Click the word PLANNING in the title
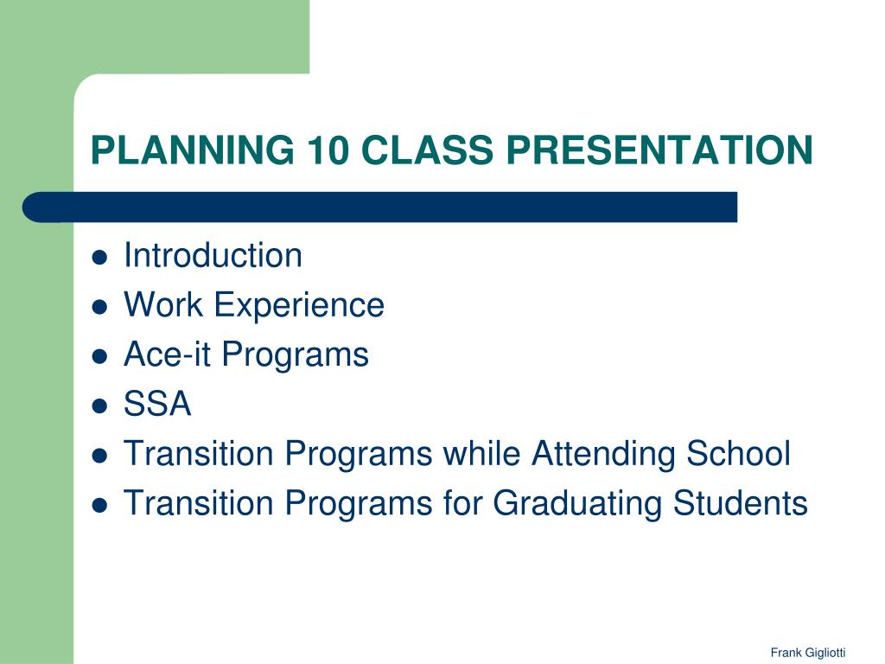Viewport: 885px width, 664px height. (x=193, y=150)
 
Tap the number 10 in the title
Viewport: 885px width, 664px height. (x=328, y=150)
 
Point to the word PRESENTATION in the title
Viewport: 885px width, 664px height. (x=659, y=150)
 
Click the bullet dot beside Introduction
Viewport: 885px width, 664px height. (x=99, y=258)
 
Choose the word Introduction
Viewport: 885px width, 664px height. (x=213, y=255)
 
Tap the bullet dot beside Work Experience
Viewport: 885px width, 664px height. (x=99, y=307)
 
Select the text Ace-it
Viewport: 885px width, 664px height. (x=167, y=354)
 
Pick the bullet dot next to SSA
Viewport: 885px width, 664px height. (x=99, y=406)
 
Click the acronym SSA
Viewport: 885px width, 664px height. (x=157, y=404)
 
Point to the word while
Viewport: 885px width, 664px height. (x=481, y=453)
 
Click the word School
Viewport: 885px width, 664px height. (x=738, y=453)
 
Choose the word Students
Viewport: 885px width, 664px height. (x=741, y=503)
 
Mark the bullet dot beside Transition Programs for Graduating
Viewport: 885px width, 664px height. (x=99, y=505)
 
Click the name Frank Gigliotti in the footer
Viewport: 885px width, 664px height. (x=808, y=653)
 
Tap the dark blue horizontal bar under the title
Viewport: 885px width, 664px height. (x=380, y=207)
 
